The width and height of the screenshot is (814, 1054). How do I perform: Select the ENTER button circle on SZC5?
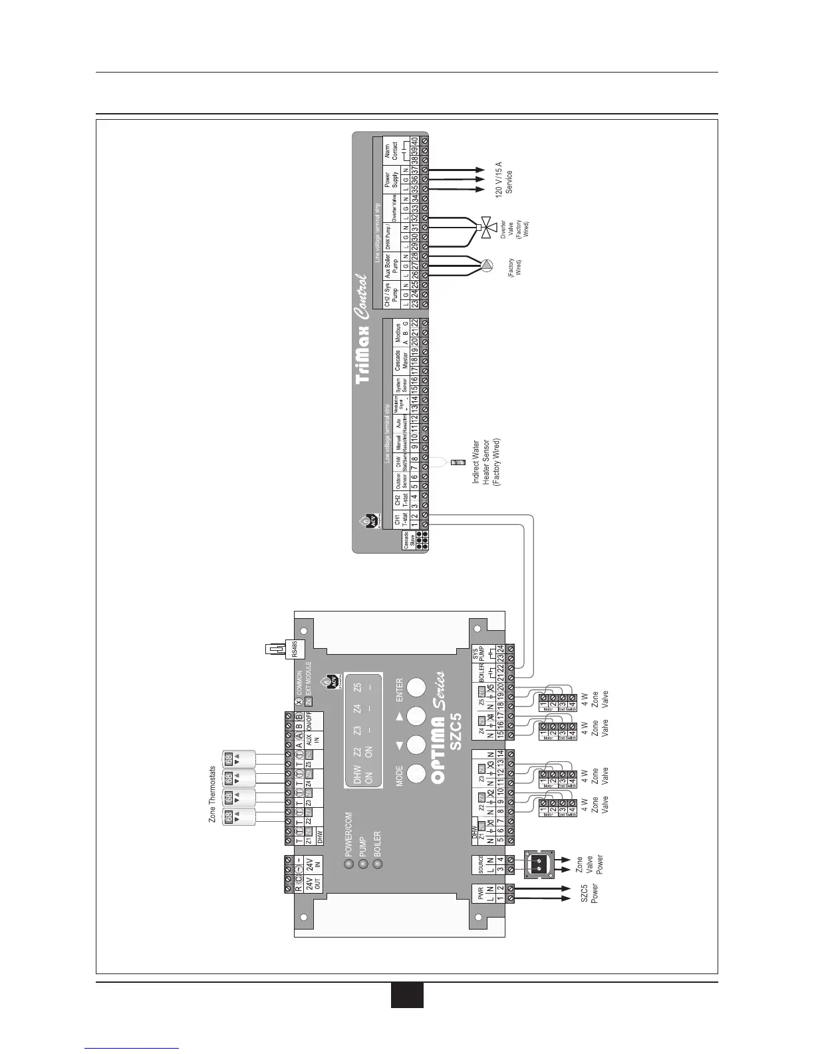pos(416,687)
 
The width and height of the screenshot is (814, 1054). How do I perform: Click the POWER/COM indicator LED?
pos(348,864)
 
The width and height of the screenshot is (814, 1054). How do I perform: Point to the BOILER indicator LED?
pos(378,864)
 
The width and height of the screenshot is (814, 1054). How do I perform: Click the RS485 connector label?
pos(295,649)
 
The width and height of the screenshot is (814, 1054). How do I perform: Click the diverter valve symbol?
pos(488,226)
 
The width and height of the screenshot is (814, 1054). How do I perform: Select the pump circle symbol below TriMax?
pos(487,266)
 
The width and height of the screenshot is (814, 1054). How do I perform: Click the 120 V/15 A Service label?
pos(504,177)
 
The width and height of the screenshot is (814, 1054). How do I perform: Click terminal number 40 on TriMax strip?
pos(414,141)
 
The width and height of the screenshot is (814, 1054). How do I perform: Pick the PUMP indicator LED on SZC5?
pos(363,864)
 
